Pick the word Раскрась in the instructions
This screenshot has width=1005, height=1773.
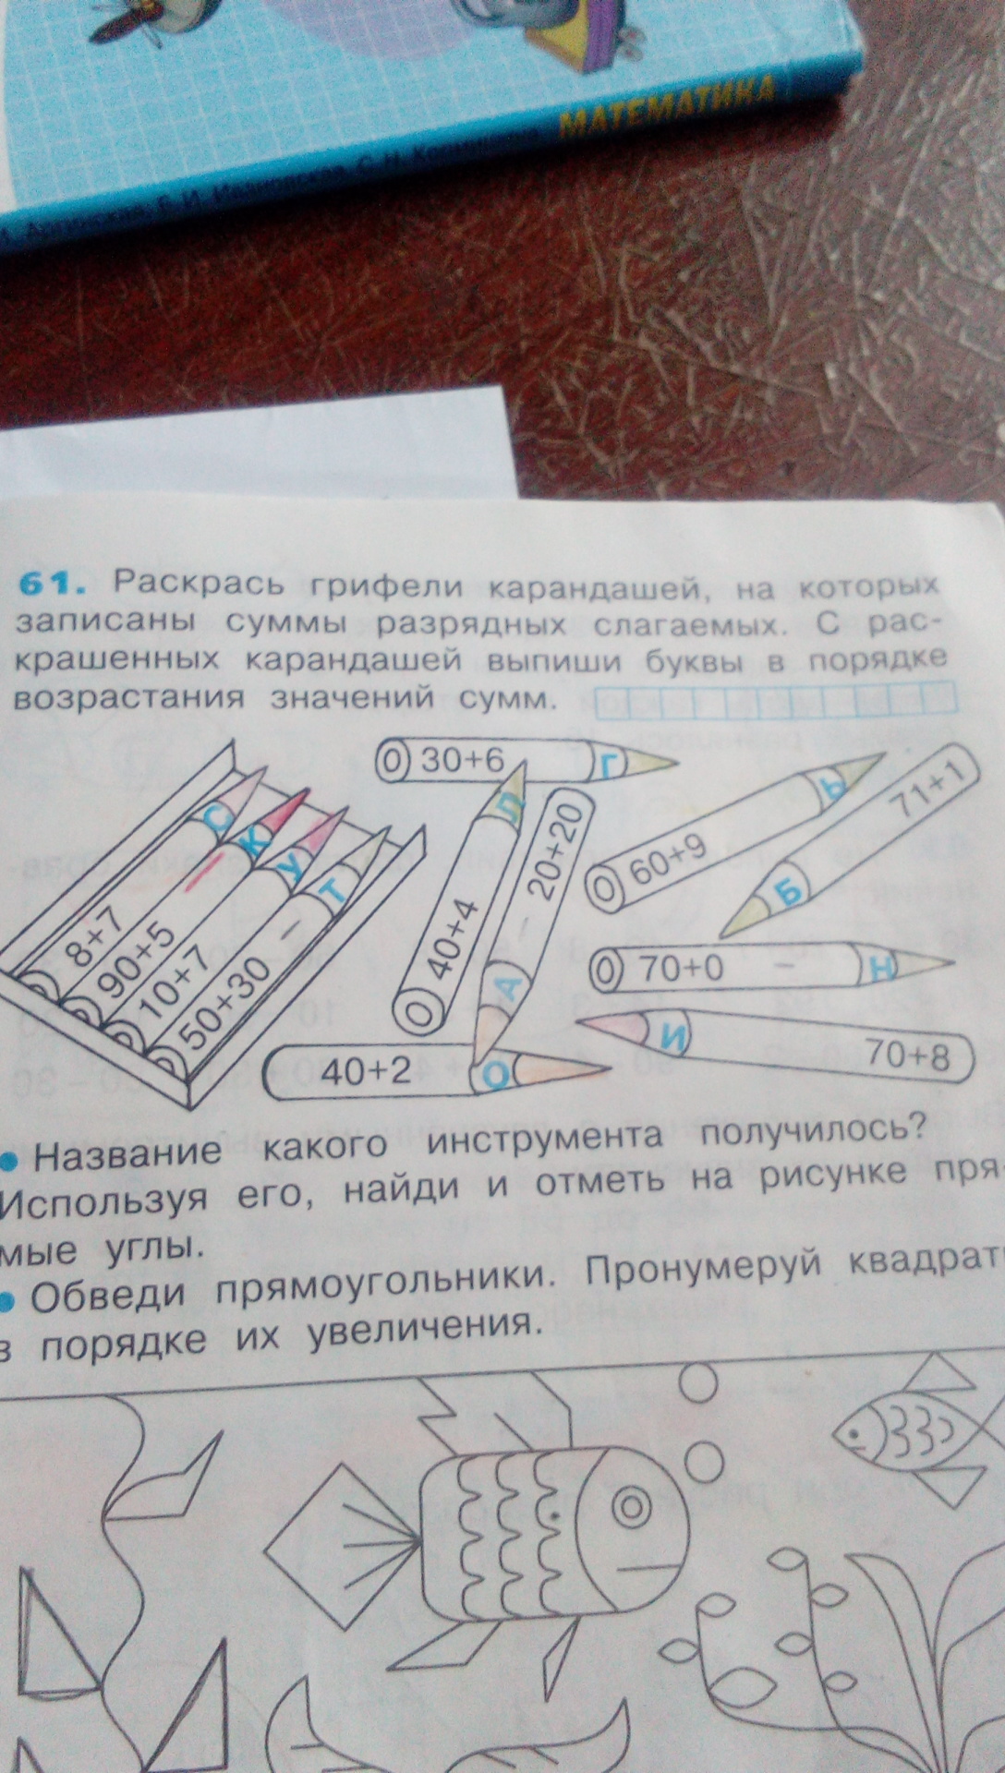(x=200, y=583)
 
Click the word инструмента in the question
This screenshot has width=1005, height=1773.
(x=544, y=1139)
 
